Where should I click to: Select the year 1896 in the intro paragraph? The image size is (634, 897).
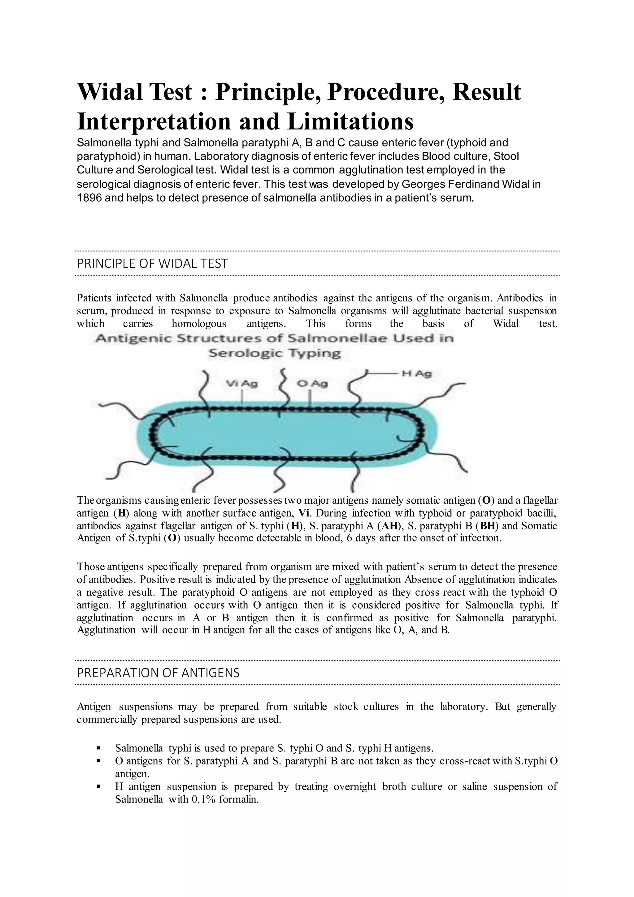pos(89,198)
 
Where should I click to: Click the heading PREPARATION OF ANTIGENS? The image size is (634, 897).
pos(158,673)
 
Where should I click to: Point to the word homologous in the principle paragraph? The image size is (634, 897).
pos(199,323)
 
